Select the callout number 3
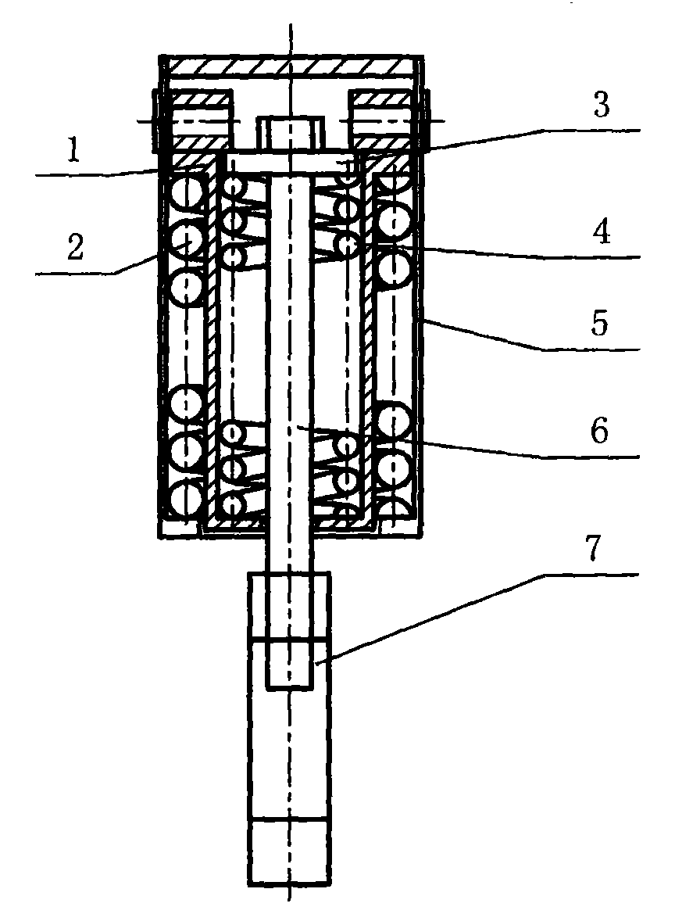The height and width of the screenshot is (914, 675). [601, 105]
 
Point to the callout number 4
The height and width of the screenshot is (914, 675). [601, 232]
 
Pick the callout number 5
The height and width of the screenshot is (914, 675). [600, 324]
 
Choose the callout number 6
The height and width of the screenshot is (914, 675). [600, 432]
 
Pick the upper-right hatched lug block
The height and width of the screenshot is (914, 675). [381, 120]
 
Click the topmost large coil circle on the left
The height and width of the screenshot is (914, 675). [186, 192]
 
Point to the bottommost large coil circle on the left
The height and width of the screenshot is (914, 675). [186, 499]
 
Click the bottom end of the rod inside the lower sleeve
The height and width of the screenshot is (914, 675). [289, 689]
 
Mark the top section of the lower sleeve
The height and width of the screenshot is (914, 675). [289, 606]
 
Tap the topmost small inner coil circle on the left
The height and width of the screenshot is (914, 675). [232, 186]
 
